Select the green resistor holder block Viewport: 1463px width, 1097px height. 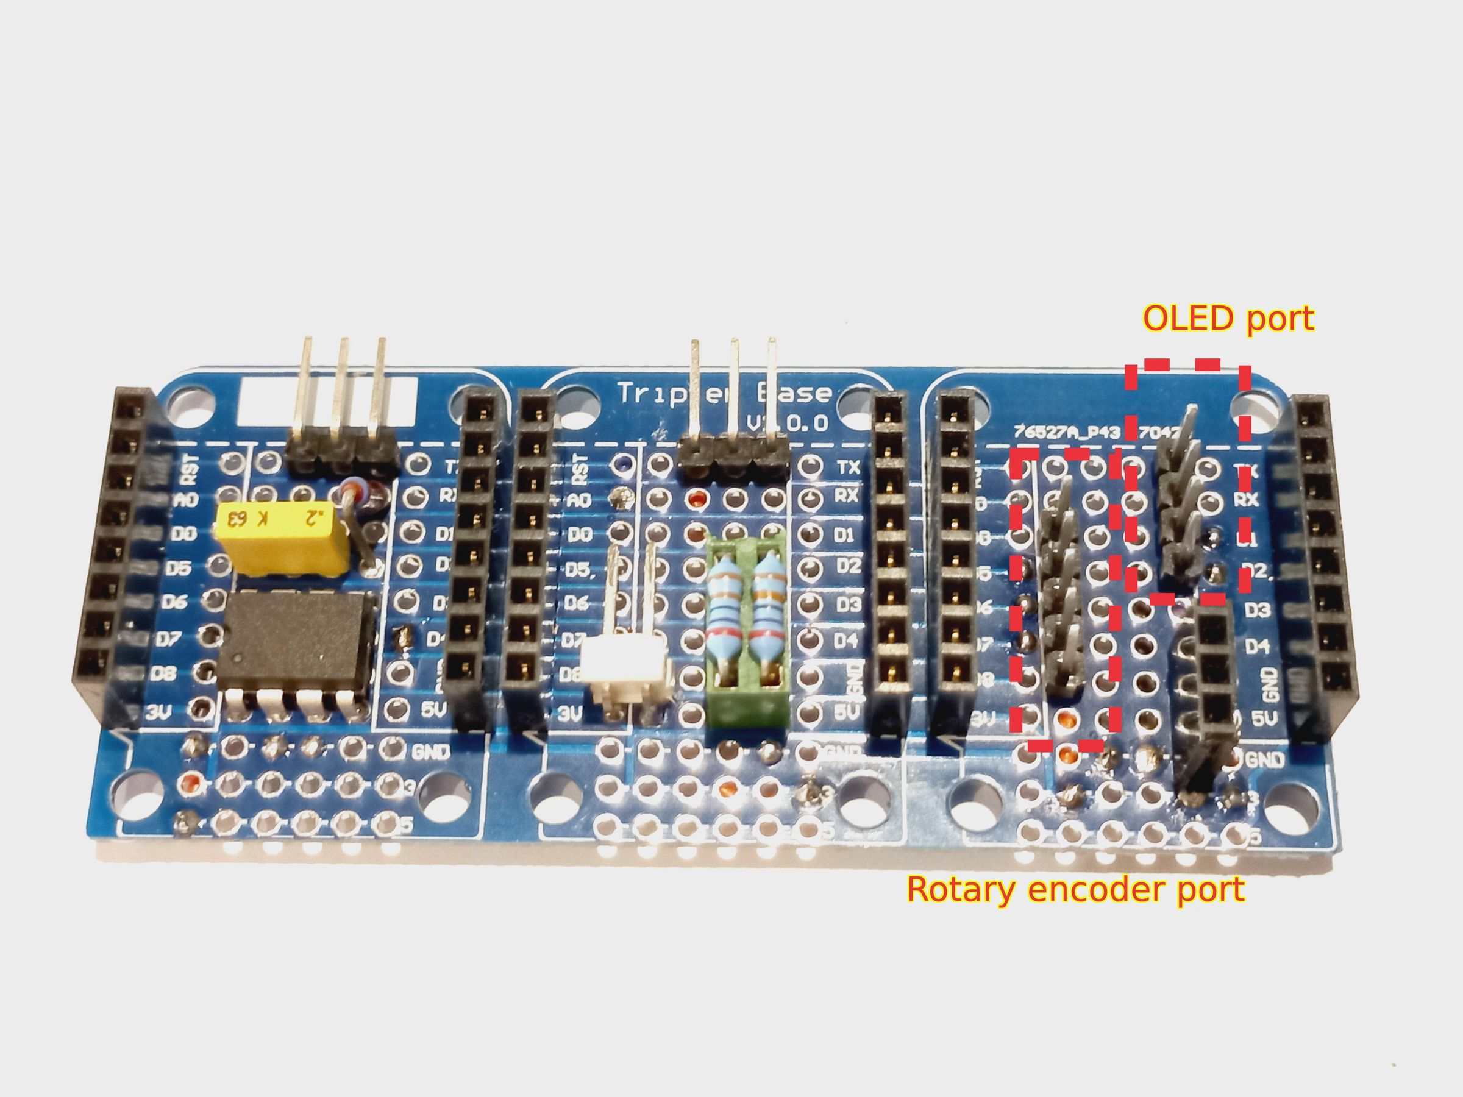[749, 631]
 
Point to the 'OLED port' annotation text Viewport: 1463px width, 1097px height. [1228, 319]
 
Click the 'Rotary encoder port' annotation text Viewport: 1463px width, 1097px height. [1076, 889]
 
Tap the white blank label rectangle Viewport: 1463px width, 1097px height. [329, 402]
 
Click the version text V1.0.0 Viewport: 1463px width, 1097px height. [787, 422]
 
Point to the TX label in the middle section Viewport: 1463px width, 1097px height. [849, 467]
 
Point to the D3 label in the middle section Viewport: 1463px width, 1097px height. [849, 605]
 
